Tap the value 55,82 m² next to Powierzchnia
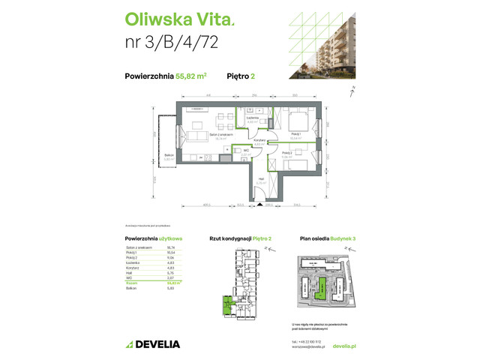192,74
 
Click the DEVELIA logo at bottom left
154,344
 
